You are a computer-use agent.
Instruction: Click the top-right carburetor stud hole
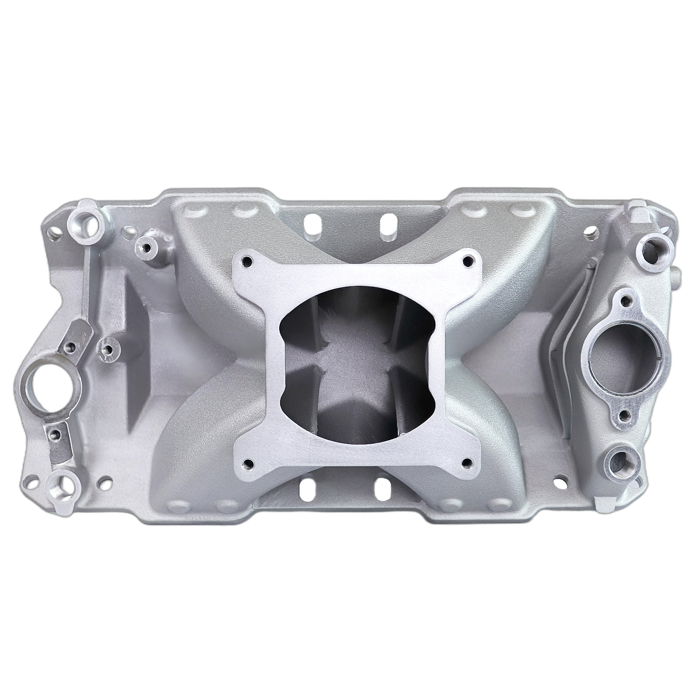469,262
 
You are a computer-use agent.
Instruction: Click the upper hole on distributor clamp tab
69,333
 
